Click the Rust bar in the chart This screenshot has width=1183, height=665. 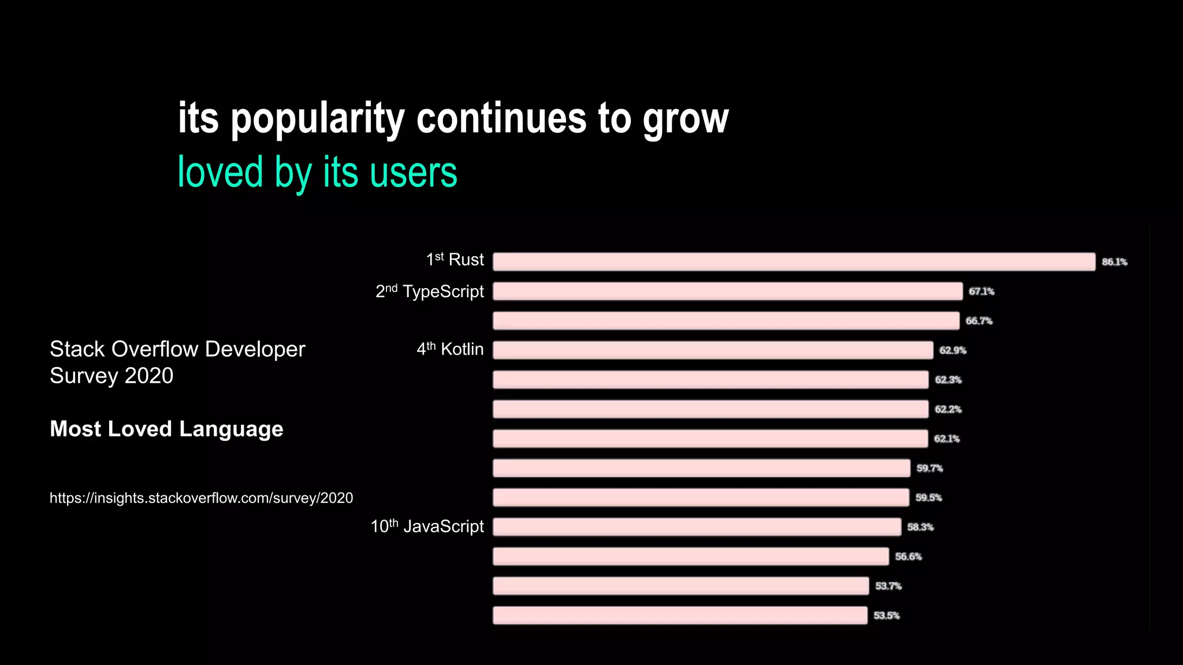794,261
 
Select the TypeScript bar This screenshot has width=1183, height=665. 728,291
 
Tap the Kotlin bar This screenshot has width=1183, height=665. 713,350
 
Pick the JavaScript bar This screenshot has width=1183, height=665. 697,526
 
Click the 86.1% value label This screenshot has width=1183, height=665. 1114,262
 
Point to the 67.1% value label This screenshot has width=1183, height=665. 981,292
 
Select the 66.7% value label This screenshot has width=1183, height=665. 979,321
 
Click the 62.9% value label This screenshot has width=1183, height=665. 953,350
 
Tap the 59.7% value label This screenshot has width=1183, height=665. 929,468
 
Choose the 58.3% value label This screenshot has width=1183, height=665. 920,527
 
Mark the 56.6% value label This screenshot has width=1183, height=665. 908,556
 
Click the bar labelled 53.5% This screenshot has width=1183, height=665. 680,615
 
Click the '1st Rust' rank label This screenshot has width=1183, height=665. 455,260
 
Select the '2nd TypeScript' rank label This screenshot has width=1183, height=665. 429,291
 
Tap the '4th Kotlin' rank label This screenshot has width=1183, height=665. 450,349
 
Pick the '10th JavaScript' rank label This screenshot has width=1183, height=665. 427,526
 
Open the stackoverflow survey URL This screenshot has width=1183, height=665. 201,498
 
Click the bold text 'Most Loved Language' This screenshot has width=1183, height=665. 166,429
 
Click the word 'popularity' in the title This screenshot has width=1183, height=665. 318,119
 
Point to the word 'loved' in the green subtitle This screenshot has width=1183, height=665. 220,172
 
